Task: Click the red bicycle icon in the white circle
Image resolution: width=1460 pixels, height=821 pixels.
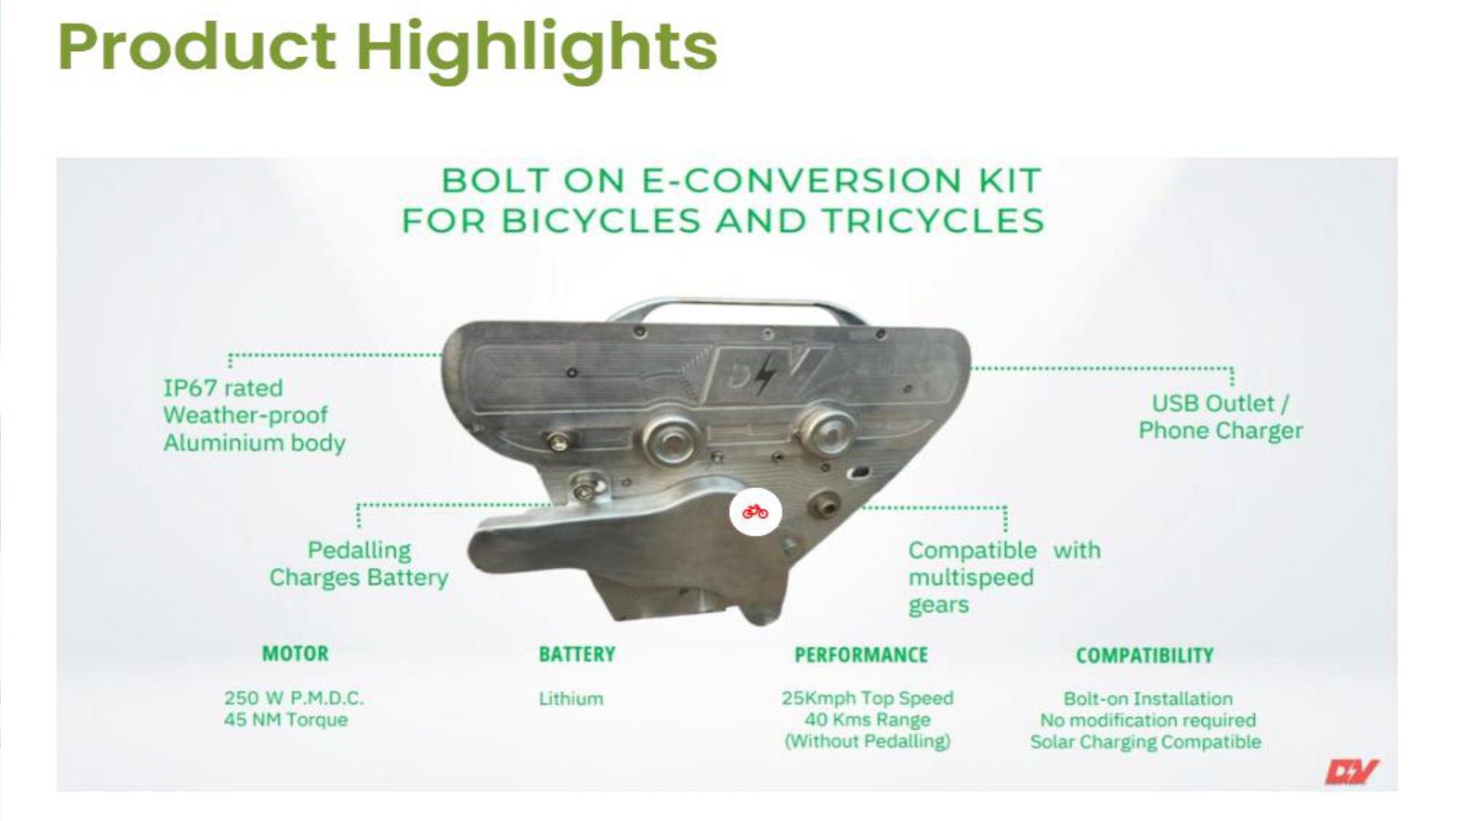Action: pyautogui.click(x=755, y=512)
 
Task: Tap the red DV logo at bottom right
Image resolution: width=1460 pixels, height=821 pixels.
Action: pyautogui.click(x=1351, y=771)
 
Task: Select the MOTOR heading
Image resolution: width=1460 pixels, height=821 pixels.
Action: pyautogui.click(x=295, y=653)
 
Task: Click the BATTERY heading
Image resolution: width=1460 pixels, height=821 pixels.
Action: pyautogui.click(x=577, y=654)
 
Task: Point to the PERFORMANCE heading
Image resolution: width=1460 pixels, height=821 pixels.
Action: pyautogui.click(x=861, y=655)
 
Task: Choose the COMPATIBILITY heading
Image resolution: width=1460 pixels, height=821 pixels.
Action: pyautogui.click(x=1145, y=655)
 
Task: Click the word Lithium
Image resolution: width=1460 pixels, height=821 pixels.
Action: pyautogui.click(x=571, y=698)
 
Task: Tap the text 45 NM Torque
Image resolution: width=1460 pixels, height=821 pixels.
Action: pyautogui.click(x=285, y=720)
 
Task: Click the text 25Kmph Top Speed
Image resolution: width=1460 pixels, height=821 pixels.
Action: pyautogui.click(x=867, y=698)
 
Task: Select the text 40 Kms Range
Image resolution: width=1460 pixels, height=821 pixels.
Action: pyautogui.click(x=867, y=720)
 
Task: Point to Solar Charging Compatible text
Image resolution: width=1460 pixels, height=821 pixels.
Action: pyautogui.click(x=1145, y=742)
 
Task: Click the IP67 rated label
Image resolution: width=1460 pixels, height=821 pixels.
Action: pyautogui.click(x=223, y=388)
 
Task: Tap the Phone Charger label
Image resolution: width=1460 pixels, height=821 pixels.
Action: pyautogui.click(x=1221, y=431)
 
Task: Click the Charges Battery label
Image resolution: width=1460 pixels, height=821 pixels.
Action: pyautogui.click(x=358, y=577)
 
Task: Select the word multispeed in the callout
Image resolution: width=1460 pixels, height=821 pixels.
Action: pyautogui.click(x=971, y=577)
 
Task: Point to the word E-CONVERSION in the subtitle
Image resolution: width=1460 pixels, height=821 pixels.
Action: pyautogui.click(x=801, y=180)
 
